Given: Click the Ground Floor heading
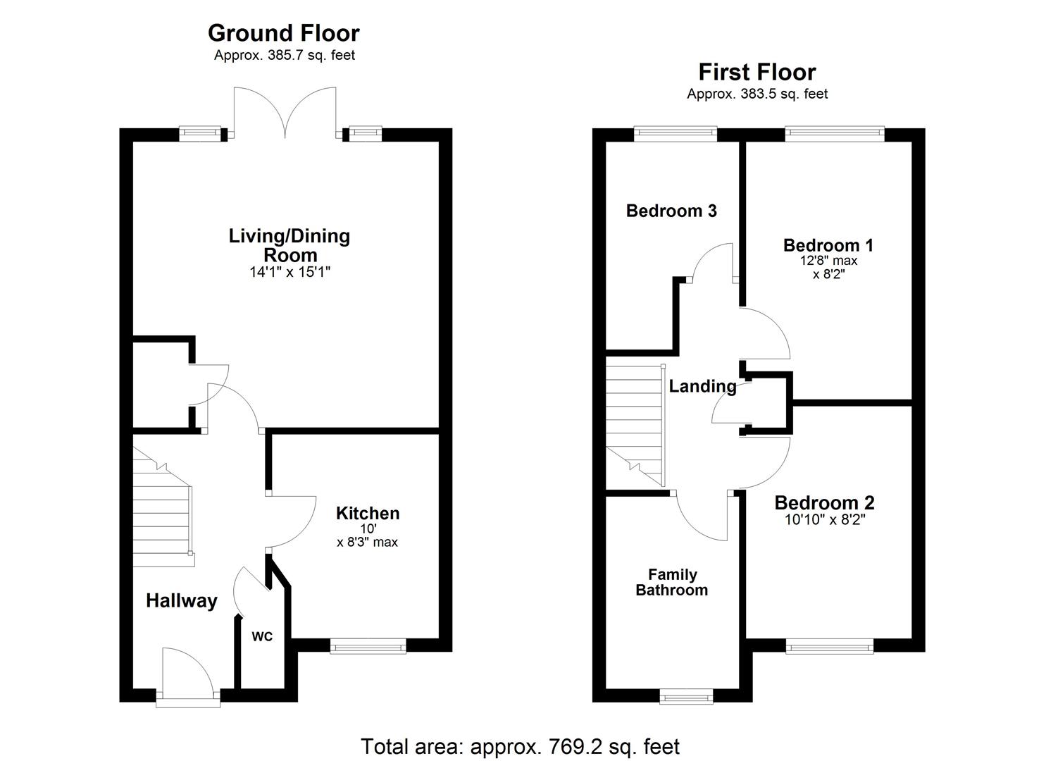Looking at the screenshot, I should point(283,33).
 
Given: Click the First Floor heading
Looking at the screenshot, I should point(757,72).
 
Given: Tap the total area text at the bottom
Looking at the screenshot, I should point(520,746).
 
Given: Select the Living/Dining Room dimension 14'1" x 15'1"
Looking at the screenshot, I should point(289,272).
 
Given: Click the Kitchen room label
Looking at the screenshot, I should point(368,513).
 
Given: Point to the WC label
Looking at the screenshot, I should point(262,637).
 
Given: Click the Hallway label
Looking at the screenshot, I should point(181,601).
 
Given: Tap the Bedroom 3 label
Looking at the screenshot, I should point(671,211).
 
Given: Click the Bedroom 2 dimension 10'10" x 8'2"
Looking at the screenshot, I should point(824,520).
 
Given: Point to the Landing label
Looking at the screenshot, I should point(702,386).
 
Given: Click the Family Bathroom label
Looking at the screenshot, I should point(672,583).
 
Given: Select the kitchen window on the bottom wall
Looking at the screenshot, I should point(368,645).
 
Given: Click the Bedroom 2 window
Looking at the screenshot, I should point(829,645).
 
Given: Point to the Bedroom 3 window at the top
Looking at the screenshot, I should point(675,132).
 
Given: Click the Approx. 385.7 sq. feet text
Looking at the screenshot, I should point(284,56).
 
